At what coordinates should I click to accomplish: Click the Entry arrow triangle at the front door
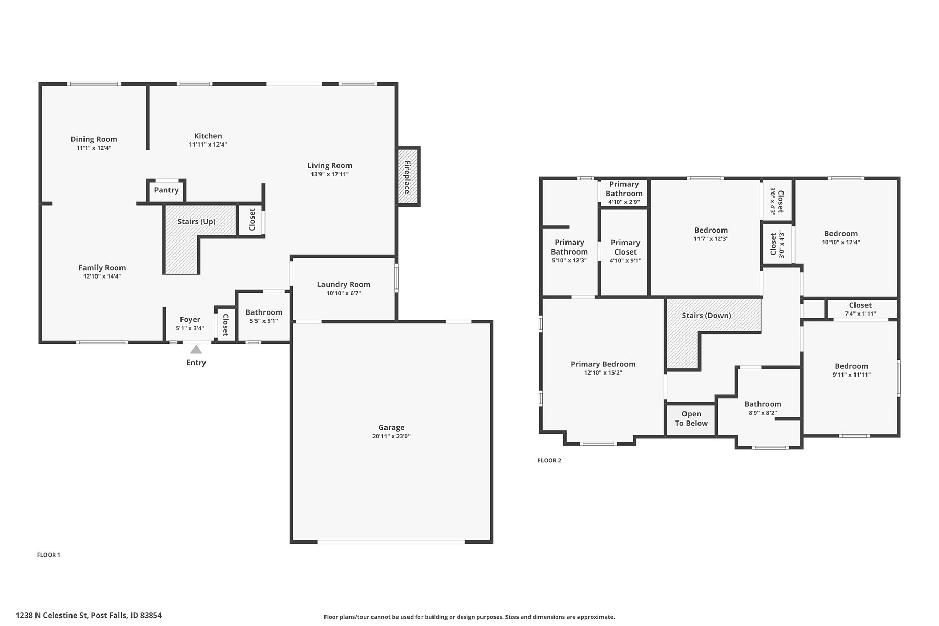196,350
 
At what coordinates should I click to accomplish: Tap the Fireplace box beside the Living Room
408,176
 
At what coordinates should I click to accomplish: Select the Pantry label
166,190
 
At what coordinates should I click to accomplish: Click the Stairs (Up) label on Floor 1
196,222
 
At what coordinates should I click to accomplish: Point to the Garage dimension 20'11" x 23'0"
391,436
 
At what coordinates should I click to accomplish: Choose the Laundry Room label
344,284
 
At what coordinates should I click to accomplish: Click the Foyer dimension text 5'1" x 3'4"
190,328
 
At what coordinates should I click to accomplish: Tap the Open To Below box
691,419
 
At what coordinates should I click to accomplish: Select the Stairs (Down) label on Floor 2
706,316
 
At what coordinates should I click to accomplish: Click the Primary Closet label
625,247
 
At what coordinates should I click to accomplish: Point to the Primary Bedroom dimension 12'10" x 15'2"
603,372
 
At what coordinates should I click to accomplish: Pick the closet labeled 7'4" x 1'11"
860,309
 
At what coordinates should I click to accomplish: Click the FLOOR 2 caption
549,460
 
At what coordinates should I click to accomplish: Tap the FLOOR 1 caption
49,555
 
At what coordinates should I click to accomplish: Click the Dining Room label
94,139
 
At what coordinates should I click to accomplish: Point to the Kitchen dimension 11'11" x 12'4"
208,145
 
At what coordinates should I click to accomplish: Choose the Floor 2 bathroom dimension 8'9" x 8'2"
763,413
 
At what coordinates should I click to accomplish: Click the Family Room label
102,268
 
